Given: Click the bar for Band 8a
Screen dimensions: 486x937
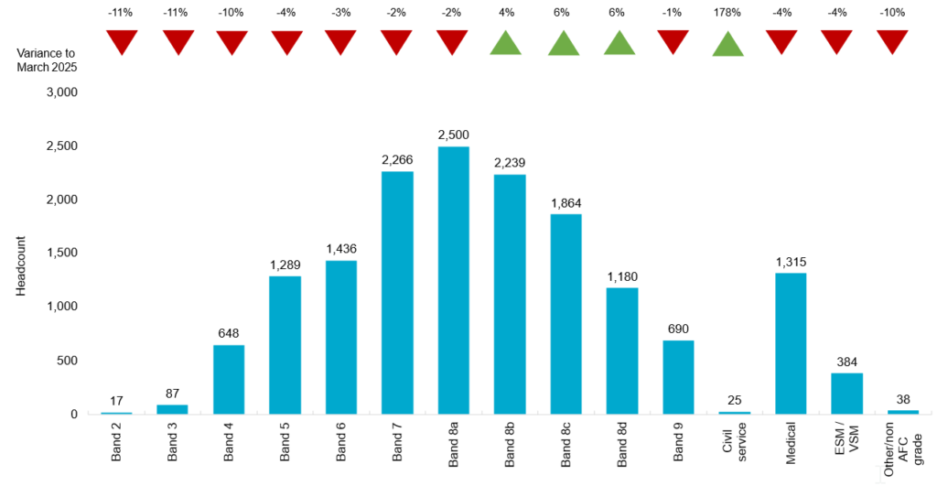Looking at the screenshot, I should pyautogui.click(x=453, y=280).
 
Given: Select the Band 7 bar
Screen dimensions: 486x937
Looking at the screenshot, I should pyautogui.click(x=396, y=293).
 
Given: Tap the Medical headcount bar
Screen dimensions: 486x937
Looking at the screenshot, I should pyautogui.click(x=791, y=343).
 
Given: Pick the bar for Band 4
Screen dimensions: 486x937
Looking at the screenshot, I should pyautogui.click(x=229, y=379).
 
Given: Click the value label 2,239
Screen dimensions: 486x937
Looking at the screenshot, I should pyautogui.click(x=510, y=162).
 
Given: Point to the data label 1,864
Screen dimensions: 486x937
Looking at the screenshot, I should pyautogui.click(x=565, y=202).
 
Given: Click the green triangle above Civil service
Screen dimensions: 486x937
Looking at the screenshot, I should pyautogui.click(x=728, y=44).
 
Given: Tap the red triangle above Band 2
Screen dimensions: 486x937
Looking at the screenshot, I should pyautogui.click(x=122, y=42).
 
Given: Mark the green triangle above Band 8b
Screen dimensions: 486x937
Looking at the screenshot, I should pyautogui.click(x=510, y=44).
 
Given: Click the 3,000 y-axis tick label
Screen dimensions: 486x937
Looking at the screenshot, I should pyautogui.click(x=61, y=92).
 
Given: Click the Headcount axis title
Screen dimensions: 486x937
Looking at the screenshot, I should pyautogui.click(x=20, y=266).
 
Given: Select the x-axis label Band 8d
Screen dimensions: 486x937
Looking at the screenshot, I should pyautogui.click(x=622, y=444).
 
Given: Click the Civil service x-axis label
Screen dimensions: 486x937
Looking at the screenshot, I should pyautogui.click(x=734, y=444).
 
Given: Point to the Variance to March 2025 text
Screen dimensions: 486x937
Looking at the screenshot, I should pyautogui.click(x=47, y=59).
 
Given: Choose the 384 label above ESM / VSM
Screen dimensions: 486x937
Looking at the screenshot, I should pyautogui.click(x=846, y=362).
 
